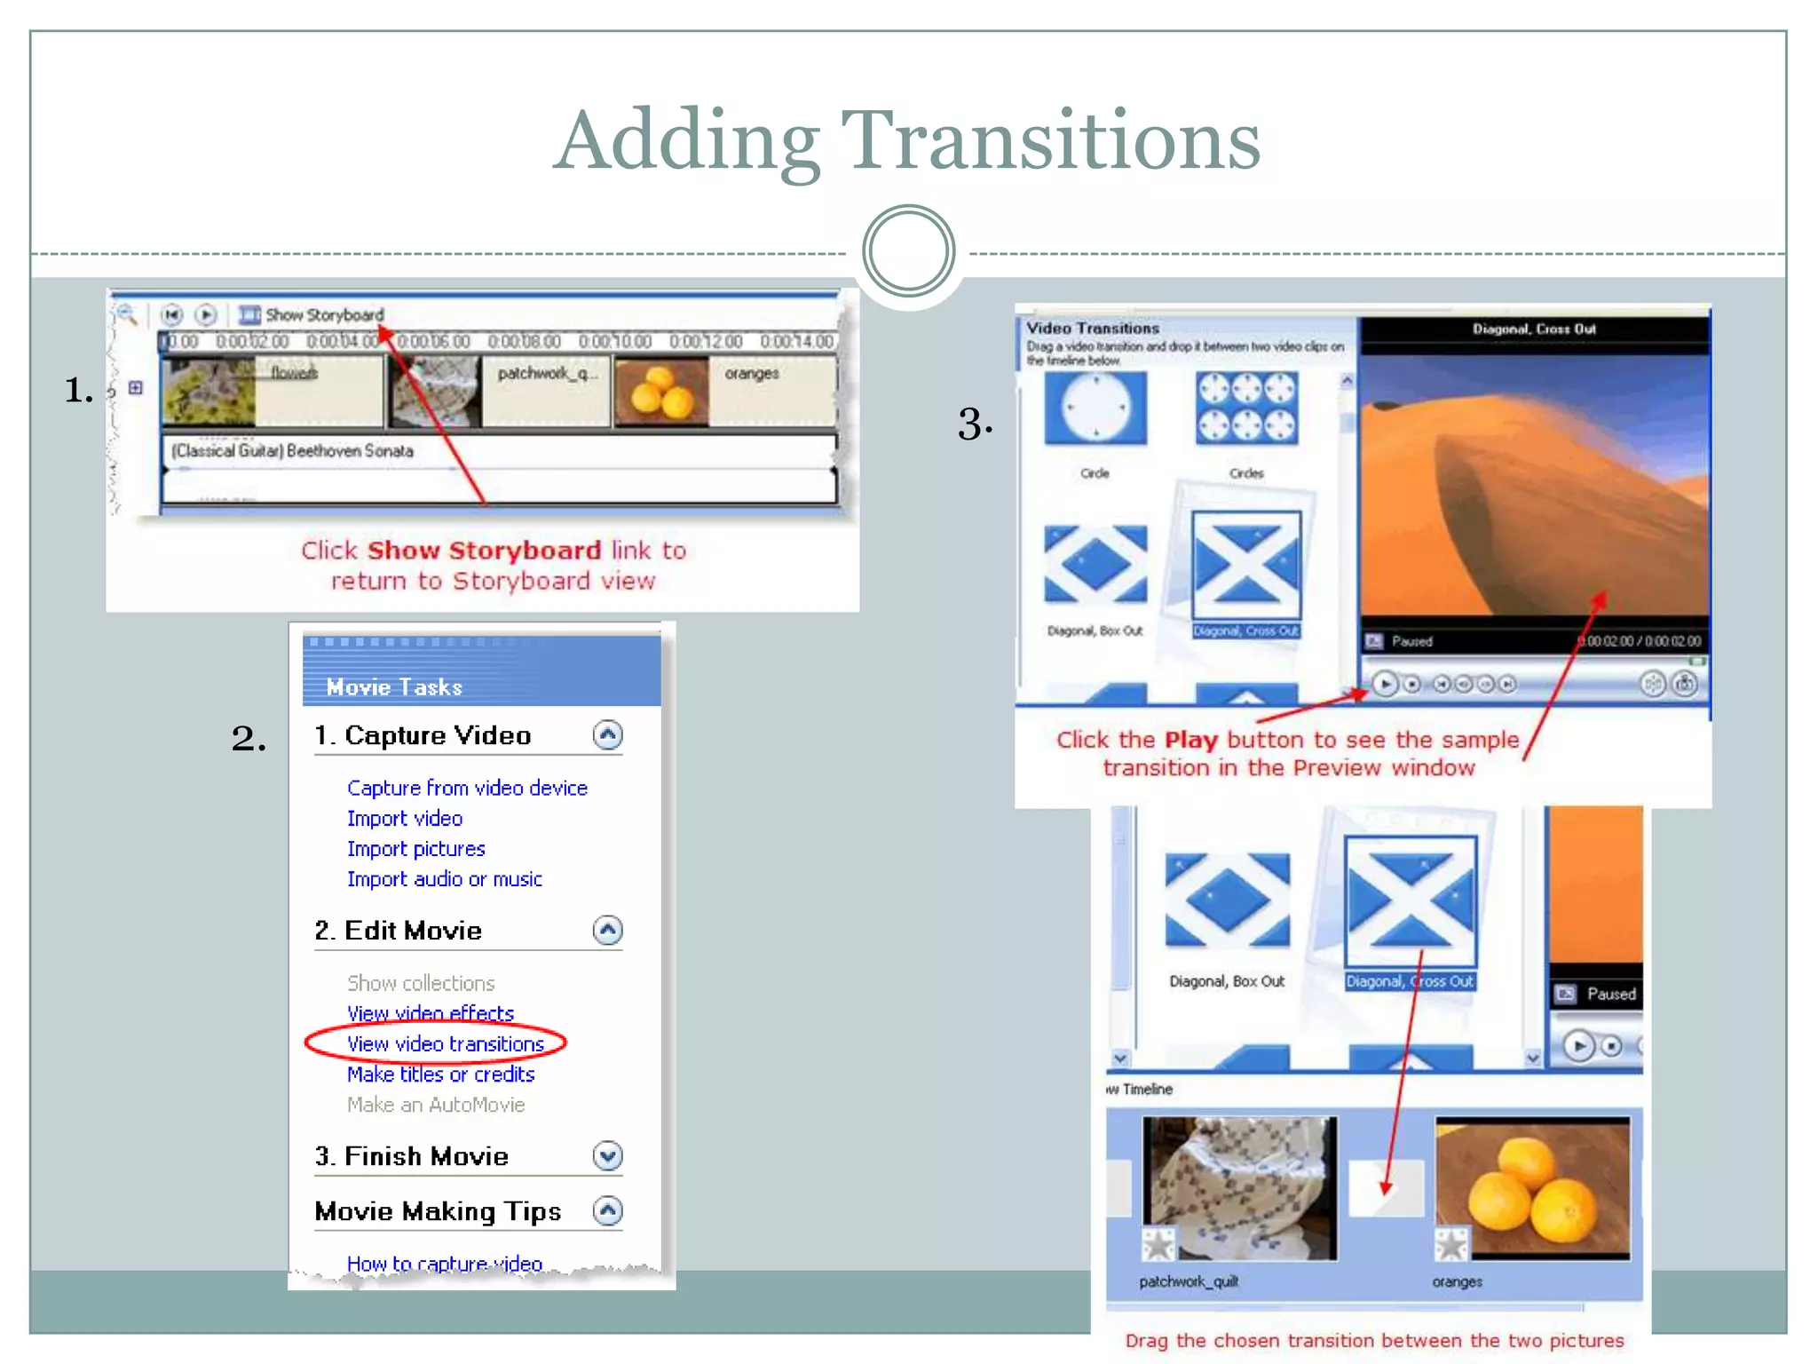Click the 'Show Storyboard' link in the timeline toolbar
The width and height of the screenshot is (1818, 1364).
pyautogui.click(x=324, y=315)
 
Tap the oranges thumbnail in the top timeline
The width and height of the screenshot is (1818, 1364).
pyautogui.click(x=661, y=392)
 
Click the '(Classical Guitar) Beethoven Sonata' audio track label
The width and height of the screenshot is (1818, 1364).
pyautogui.click(x=293, y=451)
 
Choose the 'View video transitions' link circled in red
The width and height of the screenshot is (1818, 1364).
pyautogui.click(x=445, y=1044)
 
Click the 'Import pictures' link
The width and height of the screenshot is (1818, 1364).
pyautogui.click(x=415, y=849)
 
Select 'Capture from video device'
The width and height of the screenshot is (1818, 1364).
pyautogui.click(x=467, y=789)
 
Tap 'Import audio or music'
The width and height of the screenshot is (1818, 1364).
pyautogui.click(x=444, y=879)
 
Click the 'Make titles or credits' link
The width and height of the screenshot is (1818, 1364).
pyautogui.click(x=440, y=1075)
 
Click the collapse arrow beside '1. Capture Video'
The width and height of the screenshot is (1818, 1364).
pyautogui.click(x=608, y=735)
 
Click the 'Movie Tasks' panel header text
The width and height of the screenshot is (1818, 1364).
pyautogui.click(x=394, y=687)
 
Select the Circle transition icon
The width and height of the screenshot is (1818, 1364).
pyautogui.click(x=1095, y=408)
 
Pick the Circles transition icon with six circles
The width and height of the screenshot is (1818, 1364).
pyautogui.click(x=1246, y=408)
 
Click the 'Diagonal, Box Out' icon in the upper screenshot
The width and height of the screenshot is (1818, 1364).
pyautogui.click(x=1095, y=565)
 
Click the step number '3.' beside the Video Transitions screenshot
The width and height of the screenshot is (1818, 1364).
pyautogui.click(x=975, y=424)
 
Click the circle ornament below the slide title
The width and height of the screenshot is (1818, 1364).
pyautogui.click(x=908, y=251)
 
